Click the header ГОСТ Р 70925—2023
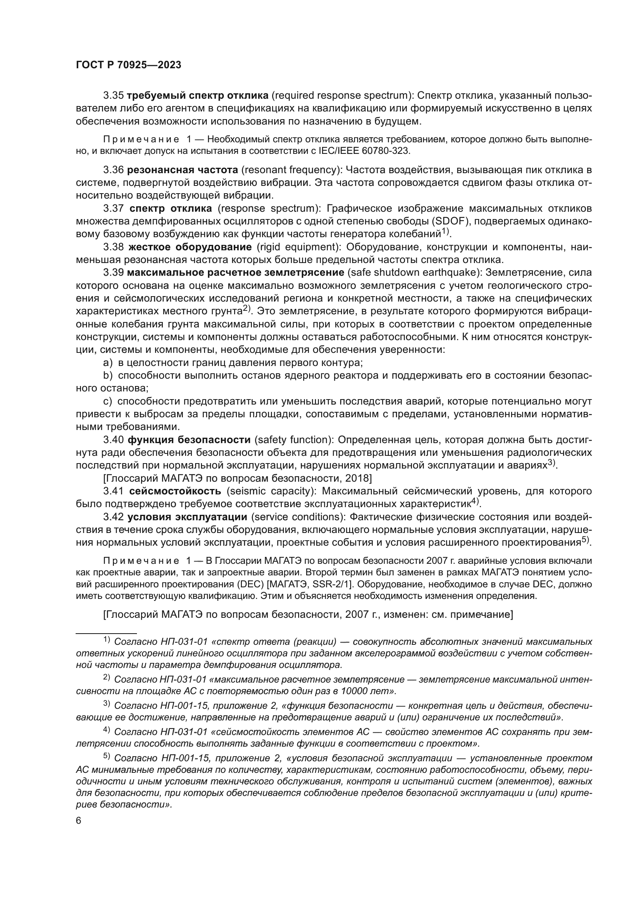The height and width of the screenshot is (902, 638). (x=128, y=65)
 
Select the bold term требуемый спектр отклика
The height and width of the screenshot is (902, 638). (x=197, y=96)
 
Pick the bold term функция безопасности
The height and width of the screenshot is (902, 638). (x=189, y=439)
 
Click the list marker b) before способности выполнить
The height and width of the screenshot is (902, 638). (x=108, y=375)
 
